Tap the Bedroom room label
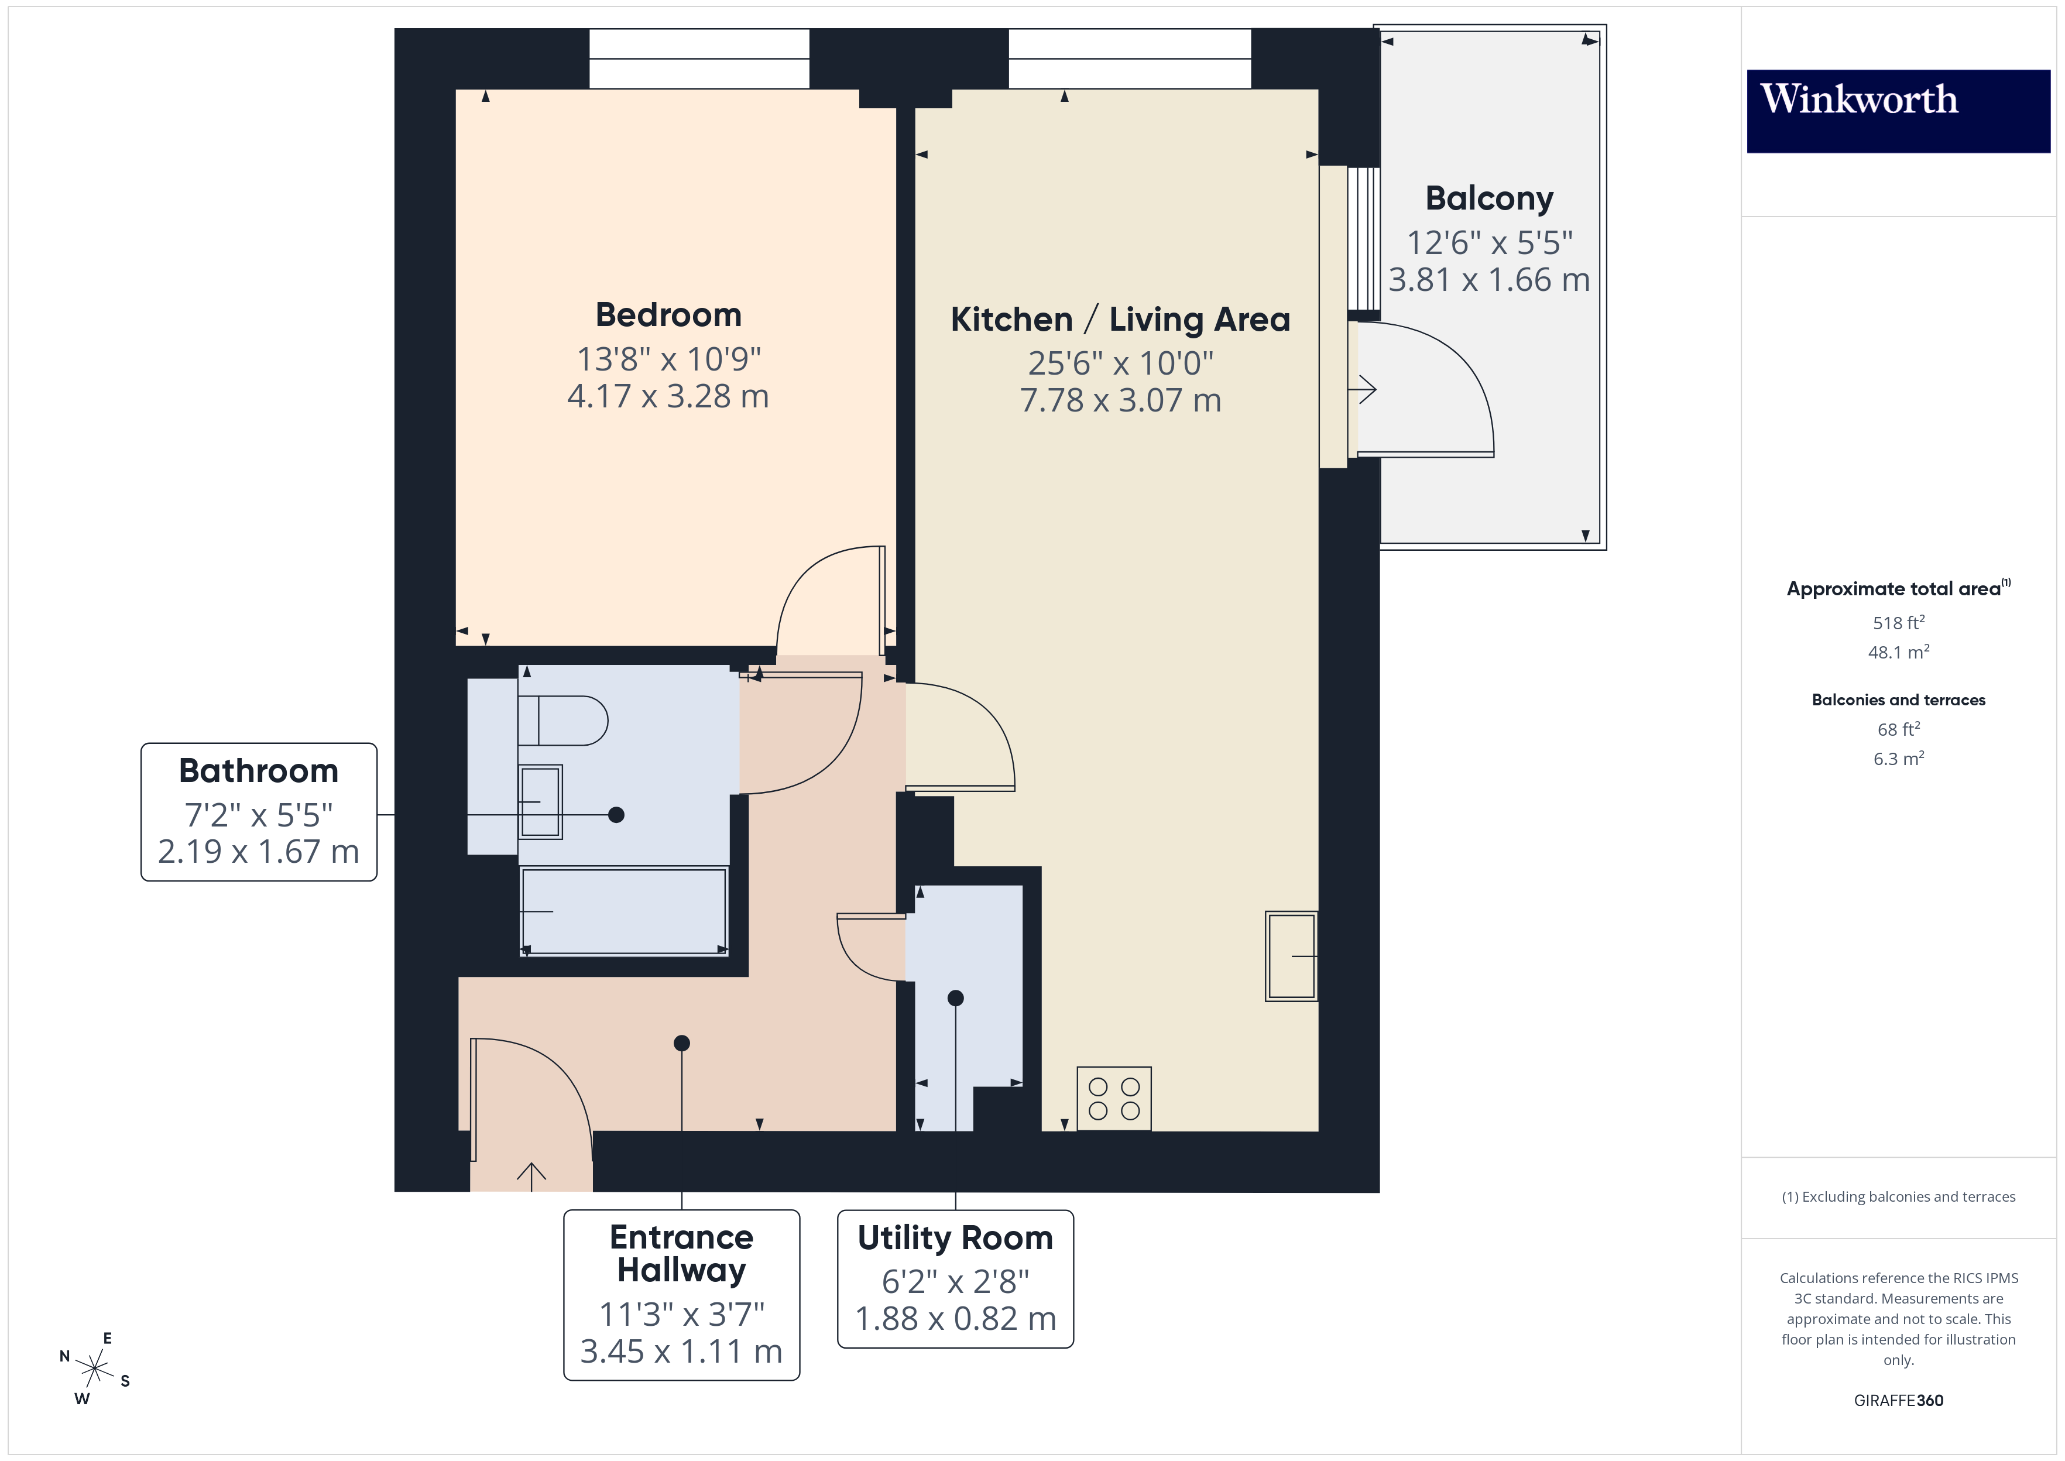(x=668, y=315)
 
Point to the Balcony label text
(x=1490, y=198)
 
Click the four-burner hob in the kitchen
(x=1113, y=1099)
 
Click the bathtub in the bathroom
(x=623, y=911)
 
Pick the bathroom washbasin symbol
(x=540, y=801)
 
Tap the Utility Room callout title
(x=955, y=1238)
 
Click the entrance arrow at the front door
(x=531, y=1175)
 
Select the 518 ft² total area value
(x=1898, y=623)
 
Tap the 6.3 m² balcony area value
(x=1898, y=759)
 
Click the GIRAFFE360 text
(x=1898, y=1400)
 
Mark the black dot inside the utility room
(x=956, y=997)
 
